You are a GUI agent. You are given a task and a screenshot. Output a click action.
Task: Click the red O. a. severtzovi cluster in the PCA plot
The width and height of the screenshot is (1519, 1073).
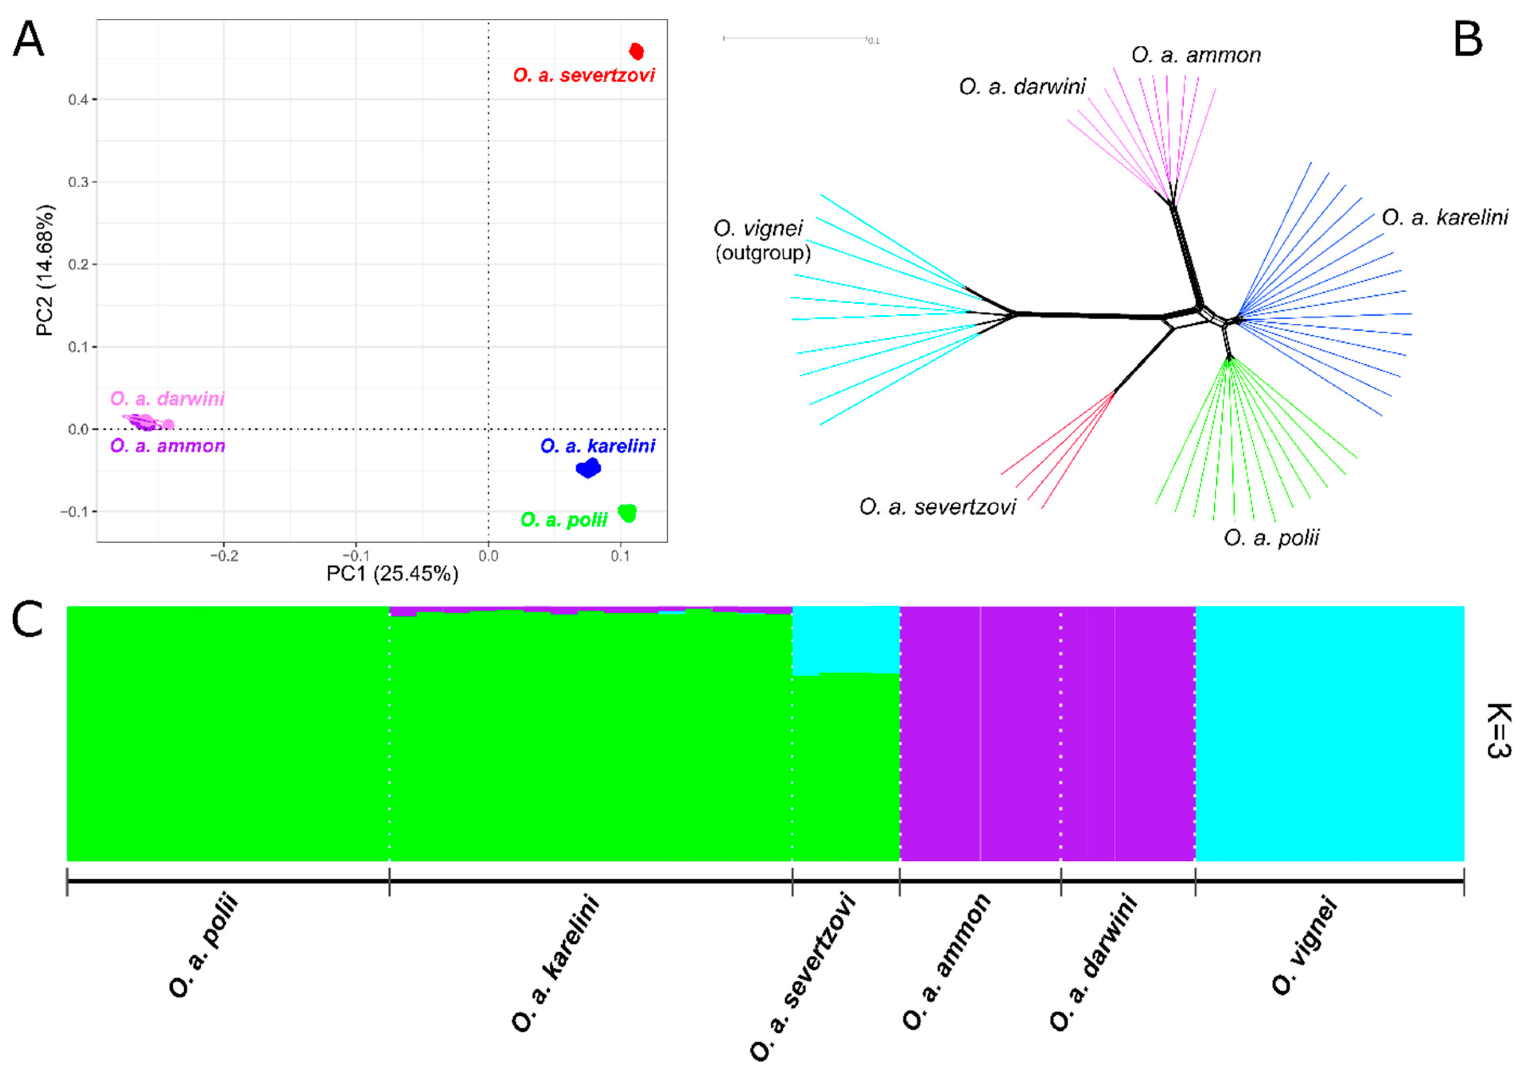point(636,51)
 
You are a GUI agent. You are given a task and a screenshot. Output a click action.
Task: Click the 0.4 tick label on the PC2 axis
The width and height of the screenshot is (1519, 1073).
point(82,99)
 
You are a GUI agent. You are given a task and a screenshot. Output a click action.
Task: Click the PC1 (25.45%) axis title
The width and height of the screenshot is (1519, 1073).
point(392,573)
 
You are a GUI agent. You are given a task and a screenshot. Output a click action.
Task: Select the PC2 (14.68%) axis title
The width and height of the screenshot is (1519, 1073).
point(45,270)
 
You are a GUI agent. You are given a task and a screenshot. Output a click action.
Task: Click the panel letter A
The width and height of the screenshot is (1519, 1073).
point(29,41)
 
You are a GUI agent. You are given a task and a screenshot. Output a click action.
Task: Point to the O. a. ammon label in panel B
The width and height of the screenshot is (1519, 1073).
point(1196,55)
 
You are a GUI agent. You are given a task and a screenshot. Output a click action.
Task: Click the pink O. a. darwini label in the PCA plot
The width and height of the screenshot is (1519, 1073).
point(167,399)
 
